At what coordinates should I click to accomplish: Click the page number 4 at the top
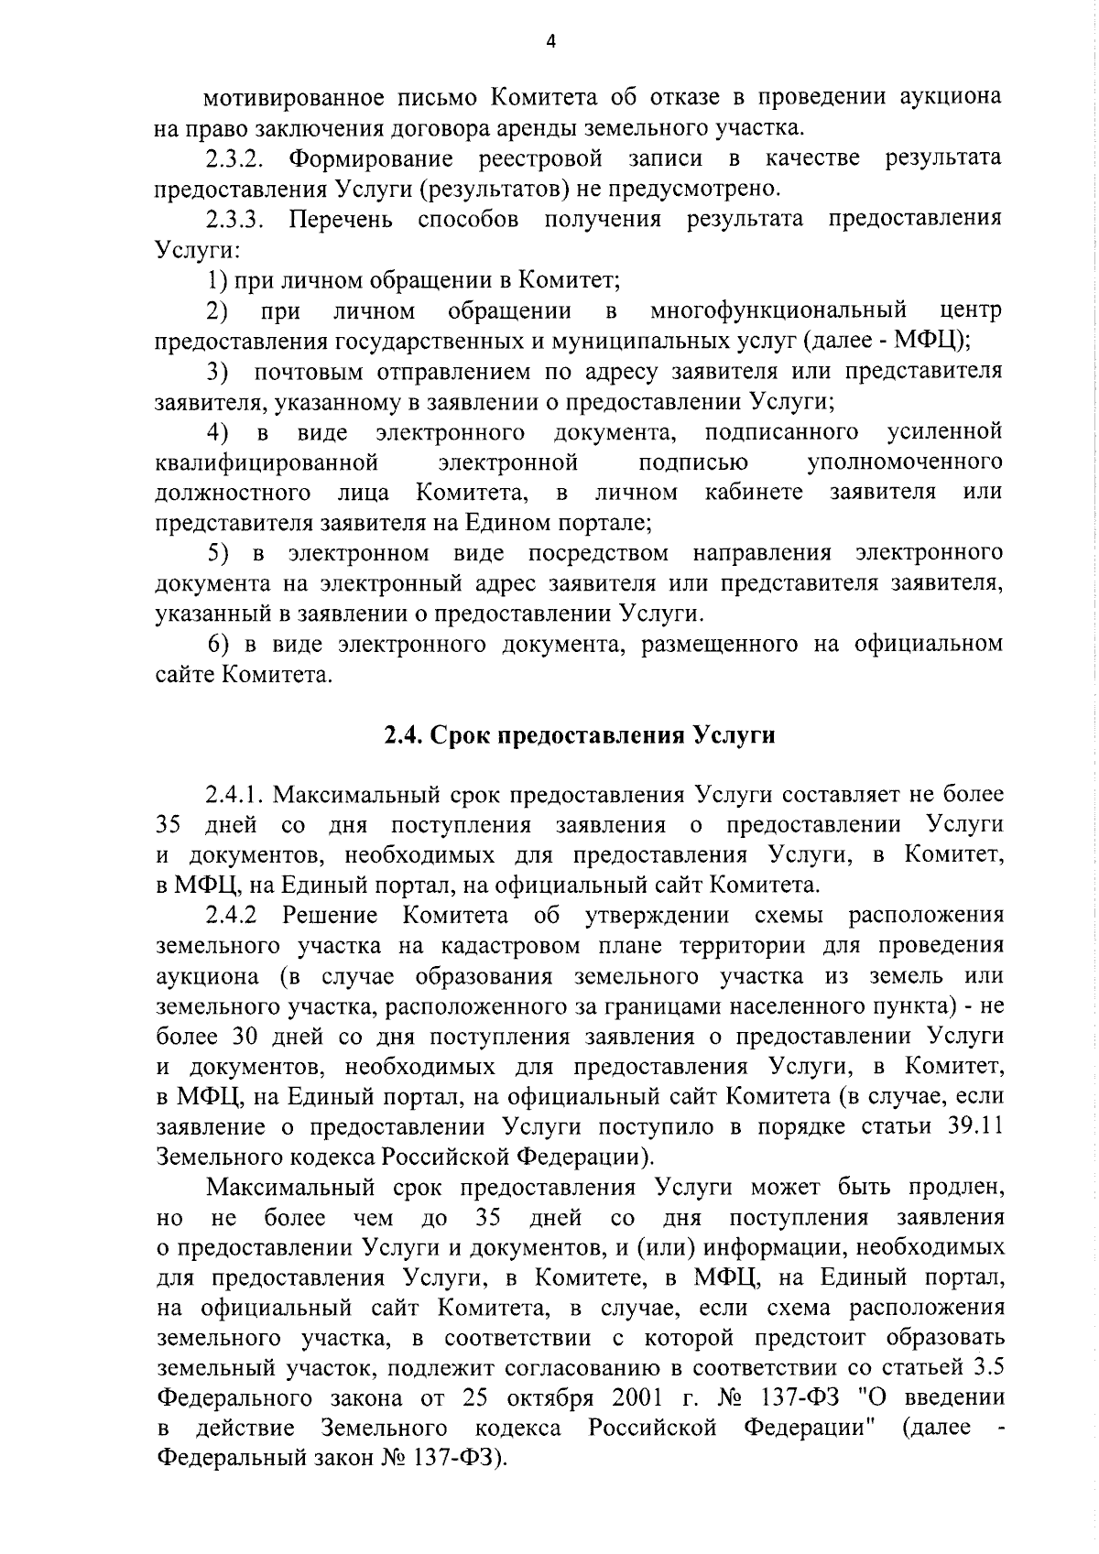click(550, 41)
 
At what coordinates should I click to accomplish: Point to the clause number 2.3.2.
click(235, 158)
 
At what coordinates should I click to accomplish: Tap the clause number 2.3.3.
click(235, 220)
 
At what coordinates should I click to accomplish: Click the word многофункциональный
click(778, 310)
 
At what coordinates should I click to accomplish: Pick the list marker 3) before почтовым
click(217, 371)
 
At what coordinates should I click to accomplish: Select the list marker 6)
click(217, 644)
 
